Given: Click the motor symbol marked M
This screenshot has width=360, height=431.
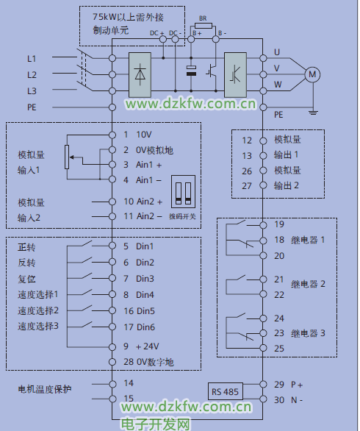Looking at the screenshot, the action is [x=312, y=74].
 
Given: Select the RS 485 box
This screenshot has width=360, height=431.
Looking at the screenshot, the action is [x=225, y=391].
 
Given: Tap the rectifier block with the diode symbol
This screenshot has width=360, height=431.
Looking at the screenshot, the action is [x=140, y=75].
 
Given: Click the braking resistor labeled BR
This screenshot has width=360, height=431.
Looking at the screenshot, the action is [x=204, y=26].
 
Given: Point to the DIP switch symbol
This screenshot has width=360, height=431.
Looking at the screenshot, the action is [x=184, y=191].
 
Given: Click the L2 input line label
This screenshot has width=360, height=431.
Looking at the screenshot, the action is [x=32, y=74].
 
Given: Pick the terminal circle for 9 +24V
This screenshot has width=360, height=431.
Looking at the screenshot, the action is [x=112, y=347].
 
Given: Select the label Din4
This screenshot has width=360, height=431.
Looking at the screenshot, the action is [x=145, y=295].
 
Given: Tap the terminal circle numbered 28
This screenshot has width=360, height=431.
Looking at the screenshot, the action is [x=112, y=362].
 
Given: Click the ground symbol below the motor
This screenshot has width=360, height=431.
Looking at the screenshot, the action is [x=313, y=112].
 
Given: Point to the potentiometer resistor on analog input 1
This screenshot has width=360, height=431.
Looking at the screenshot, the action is [x=67, y=157].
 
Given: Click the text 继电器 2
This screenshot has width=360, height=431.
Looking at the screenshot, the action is [x=308, y=284].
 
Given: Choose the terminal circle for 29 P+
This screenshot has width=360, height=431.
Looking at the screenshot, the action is [x=263, y=384].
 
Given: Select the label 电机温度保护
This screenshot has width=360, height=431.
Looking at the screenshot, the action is [x=45, y=389].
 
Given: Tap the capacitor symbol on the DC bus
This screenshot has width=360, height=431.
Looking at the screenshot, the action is [x=191, y=71].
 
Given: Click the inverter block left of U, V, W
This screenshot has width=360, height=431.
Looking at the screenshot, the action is [x=235, y=75].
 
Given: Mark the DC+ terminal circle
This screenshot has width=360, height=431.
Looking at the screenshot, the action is [x=163, y=39].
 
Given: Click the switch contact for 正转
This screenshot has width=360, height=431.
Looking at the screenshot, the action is [x=86, y=243].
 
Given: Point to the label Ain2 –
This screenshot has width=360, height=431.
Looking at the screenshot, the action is [x=149, y=216].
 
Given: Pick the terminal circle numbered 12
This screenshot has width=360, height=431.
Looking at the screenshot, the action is [x=263, y=140].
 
